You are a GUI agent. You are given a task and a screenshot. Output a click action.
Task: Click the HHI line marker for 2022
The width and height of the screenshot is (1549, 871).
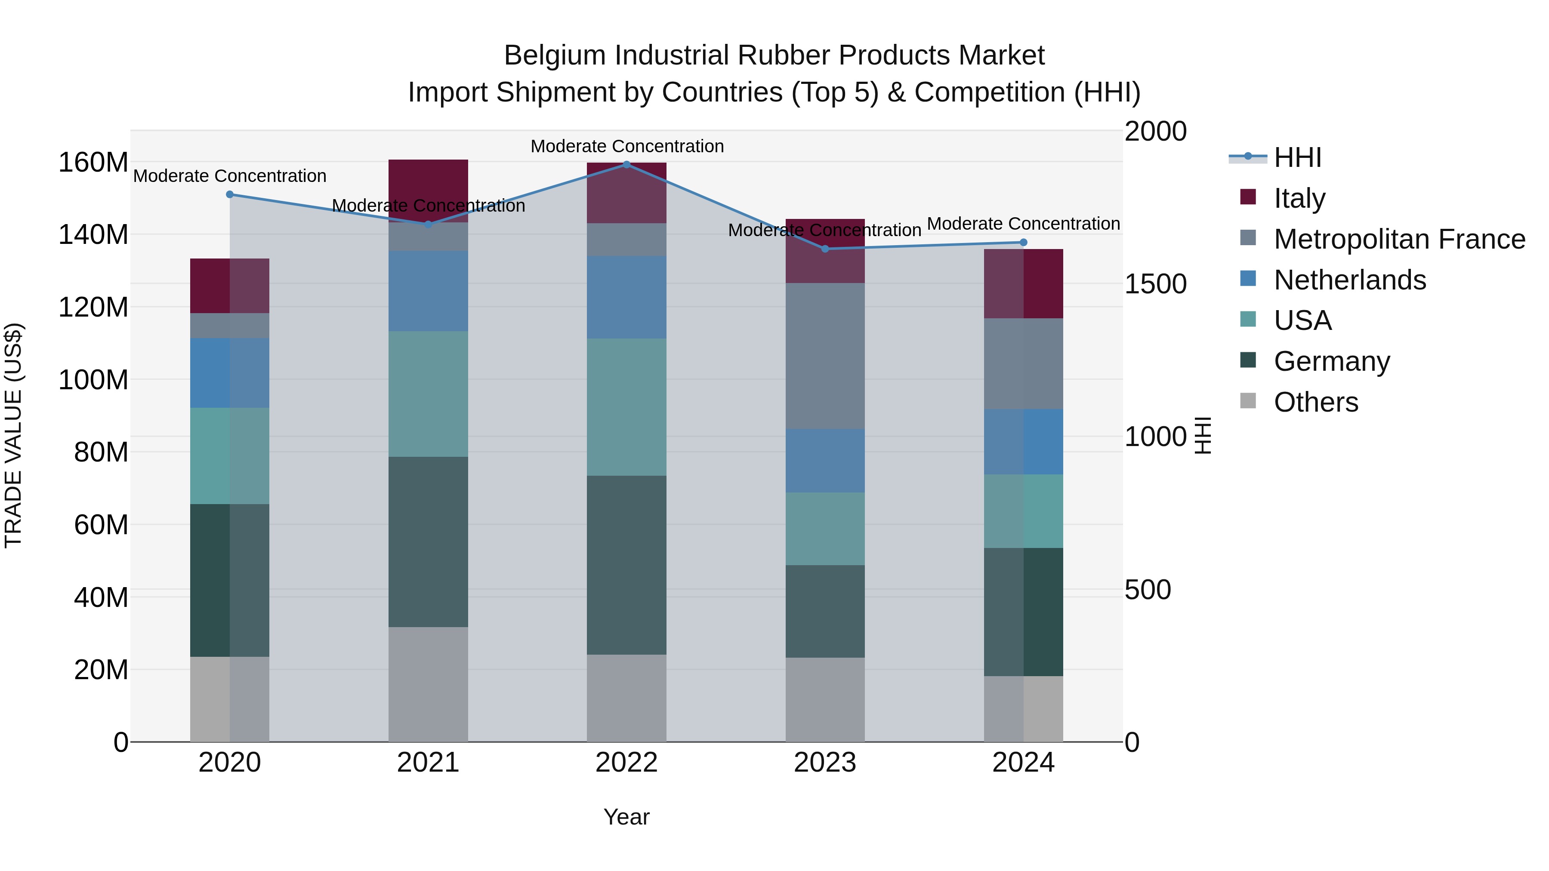626,164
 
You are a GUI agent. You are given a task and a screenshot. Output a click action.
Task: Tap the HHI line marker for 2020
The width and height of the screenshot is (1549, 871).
230,194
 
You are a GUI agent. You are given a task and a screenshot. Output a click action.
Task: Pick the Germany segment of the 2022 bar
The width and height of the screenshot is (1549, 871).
626,565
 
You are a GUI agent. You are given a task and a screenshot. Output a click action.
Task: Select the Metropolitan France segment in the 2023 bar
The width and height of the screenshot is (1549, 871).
825,356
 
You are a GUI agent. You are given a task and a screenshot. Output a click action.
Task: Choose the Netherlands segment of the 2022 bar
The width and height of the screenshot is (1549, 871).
626,297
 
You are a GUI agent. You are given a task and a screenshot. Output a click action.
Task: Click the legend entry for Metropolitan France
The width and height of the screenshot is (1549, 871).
1399,239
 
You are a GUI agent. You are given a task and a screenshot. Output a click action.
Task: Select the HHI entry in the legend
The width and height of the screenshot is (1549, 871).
1298,157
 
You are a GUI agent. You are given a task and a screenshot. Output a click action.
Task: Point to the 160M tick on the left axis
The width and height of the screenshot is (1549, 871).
93,162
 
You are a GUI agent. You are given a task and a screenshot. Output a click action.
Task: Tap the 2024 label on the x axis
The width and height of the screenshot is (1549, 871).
1024,763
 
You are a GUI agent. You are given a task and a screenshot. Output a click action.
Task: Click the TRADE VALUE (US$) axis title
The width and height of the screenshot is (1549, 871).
13,435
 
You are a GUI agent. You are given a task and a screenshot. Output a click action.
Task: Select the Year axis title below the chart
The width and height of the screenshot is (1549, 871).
626,817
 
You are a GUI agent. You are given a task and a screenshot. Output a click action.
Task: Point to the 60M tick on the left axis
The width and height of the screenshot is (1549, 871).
101,525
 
